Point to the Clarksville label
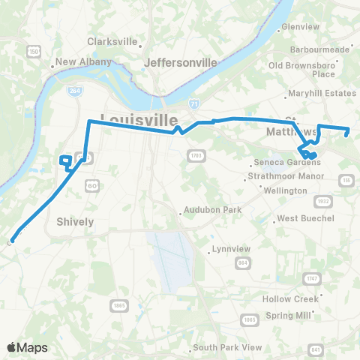pos(114,41)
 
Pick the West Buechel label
pos(305,219)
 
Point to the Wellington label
pos(286,190)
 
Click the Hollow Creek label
pos(288,298)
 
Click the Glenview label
pos(300,26)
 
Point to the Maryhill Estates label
pos(324,94)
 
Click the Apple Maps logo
pos(27,347)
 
